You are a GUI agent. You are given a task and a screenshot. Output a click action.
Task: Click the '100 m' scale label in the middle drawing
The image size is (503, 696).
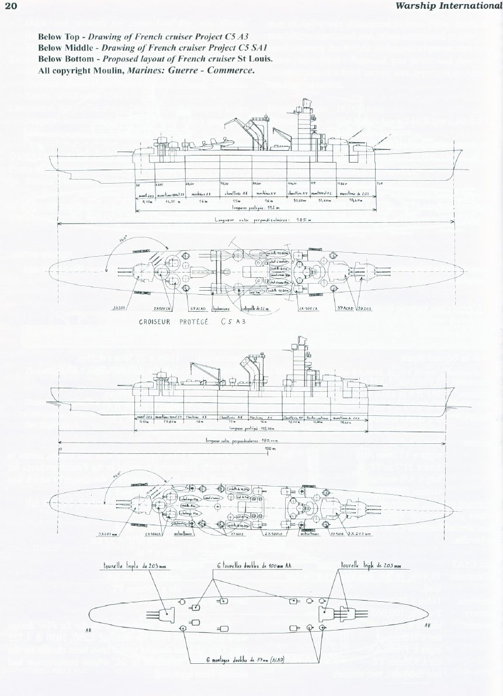pyautogui.click(x=270, y=448)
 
